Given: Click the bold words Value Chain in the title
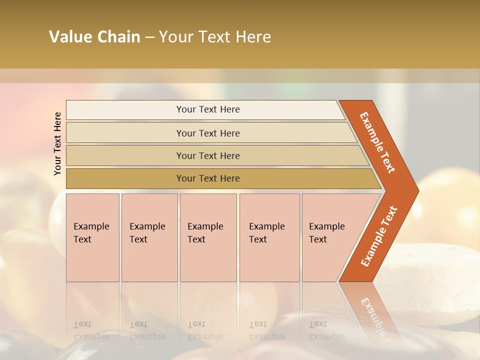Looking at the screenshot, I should pyautogui.click(x=94, y=37).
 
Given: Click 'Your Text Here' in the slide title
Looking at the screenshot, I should pyautogui.click(x=215, y=37).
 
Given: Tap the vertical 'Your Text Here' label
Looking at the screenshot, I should pyautogui.click(x=57, y=143).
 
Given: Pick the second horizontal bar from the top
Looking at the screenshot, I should pyautogui.click(x=207, y=133).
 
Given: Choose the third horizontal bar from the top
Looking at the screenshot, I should pyautogui.click(x=207, y=155).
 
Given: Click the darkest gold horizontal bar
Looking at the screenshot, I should pyautogui.click(x=207, y=178).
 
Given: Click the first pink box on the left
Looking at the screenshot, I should pyautogui.click(x=92, y=237).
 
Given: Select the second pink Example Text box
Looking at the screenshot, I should pyautogui.click(x=149, y=237).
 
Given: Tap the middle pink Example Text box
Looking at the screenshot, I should pyautogui.click(x=208, y=237).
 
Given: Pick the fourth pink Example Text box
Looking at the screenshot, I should pyautogui.click(x=269, y=237).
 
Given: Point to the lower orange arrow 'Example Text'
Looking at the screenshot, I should pyautogui.click(x=379, y=236).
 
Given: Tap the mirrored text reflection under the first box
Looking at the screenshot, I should pyautogui.click(x=91, y=330).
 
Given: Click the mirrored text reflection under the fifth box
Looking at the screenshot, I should pyautogui.click(x=326, y=330).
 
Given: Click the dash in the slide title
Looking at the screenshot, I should pyautogui.click(x=149, y=37).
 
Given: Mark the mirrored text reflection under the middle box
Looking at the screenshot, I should pyautogui.click(x=205, y=330).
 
